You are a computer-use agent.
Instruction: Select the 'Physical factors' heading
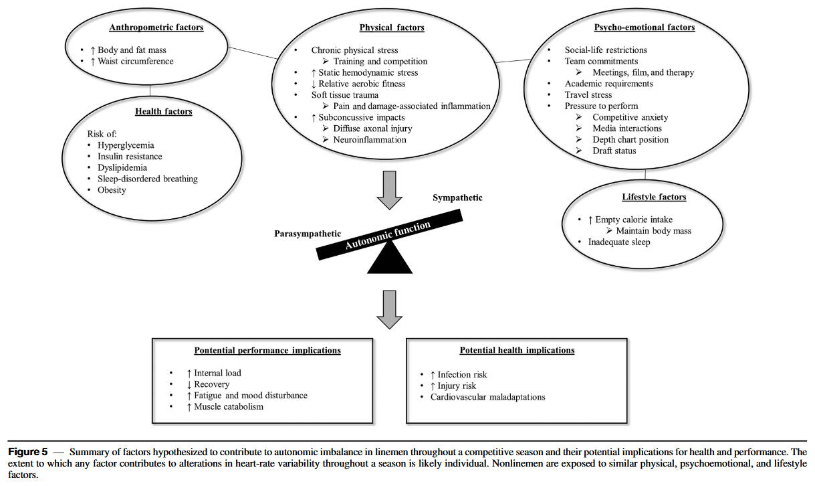pyautogui.click(x=392, y=28)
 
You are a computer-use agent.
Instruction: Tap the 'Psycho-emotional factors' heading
pyautogui.click(x=644, y=28)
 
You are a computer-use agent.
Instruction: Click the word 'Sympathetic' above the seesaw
pyautogui.click(x=457, y=198)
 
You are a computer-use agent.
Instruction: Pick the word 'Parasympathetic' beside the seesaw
pyautogui.click(x=308, y=234)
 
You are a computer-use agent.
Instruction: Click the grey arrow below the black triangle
pyautogui.click(x=390, y=310)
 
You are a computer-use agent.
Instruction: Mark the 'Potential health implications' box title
pyautogui.click(x=517, y=350)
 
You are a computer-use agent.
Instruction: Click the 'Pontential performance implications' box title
pyautogui.click(x=267, y=350)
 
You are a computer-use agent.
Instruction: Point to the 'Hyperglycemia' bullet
pyautogui.click(x=126, y=145)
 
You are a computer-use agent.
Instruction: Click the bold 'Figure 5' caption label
pyautogui.click(x=28, y=453)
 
